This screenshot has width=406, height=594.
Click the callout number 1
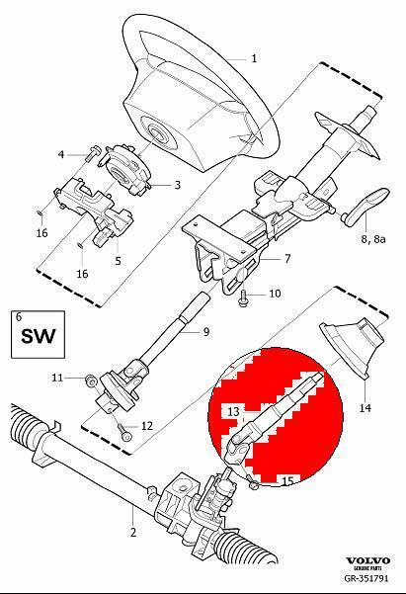pos(254,58)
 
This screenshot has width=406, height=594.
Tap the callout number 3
pos(176,184)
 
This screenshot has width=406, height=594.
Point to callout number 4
pos(61,154)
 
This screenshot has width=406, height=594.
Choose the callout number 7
pos(287,259)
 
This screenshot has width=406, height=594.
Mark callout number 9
pos(206,331)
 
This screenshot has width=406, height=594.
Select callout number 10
pos(276,294)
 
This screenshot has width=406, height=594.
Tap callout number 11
pos(57,377)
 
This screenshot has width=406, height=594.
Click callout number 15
pos(288,480)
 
